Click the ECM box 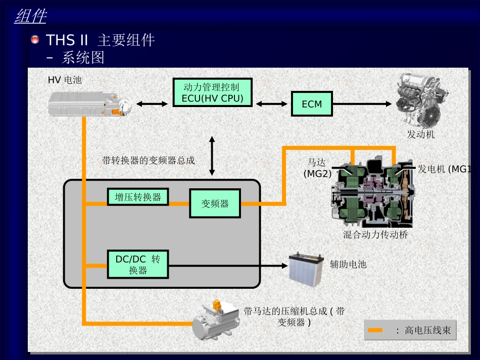(312, 104)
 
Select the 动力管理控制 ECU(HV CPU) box (212, 92)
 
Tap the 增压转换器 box (138, 197)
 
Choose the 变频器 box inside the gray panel (215, 203)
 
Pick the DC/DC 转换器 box (138, 264)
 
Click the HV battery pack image (90, 105)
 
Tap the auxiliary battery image (306, 269)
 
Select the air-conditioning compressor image (216, 321)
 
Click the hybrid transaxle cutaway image (373, 192)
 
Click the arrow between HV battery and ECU (152, 104)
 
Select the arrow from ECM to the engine (362, 104)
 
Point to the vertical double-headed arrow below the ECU (212, 156)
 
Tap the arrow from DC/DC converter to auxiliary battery (228, 266)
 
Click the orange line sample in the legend (375, 330)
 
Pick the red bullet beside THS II (35, 39)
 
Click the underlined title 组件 (31, 16)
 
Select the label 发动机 (420, 134)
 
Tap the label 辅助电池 (348, 264)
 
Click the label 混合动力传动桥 (375, 235)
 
